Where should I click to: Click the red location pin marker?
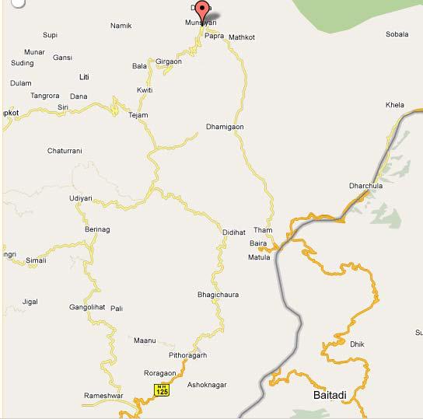click(x=202, y=11)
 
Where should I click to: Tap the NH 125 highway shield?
click(x=161, y=390)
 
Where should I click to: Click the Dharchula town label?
click(x=366, y=187)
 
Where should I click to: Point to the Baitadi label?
click(x=330, y=396)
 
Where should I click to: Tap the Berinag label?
click(x=97, y=230)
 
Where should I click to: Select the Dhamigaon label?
click(x=225, y=127)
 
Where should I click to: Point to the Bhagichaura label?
click(x=218, y=295)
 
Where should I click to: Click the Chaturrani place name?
click(x=65, y=151)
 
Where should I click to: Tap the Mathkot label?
click(x=241, y=37)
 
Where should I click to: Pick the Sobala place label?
click(x=397, y=35)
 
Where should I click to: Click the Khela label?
click(x=395, y=105)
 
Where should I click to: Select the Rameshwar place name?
click(x=103, y=396)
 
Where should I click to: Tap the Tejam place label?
click(x=138, y=115)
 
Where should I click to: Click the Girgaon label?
click(x=169, y=61)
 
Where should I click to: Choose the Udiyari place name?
click(x=80, y=199)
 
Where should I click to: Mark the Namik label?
click(x=121, y=26)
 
